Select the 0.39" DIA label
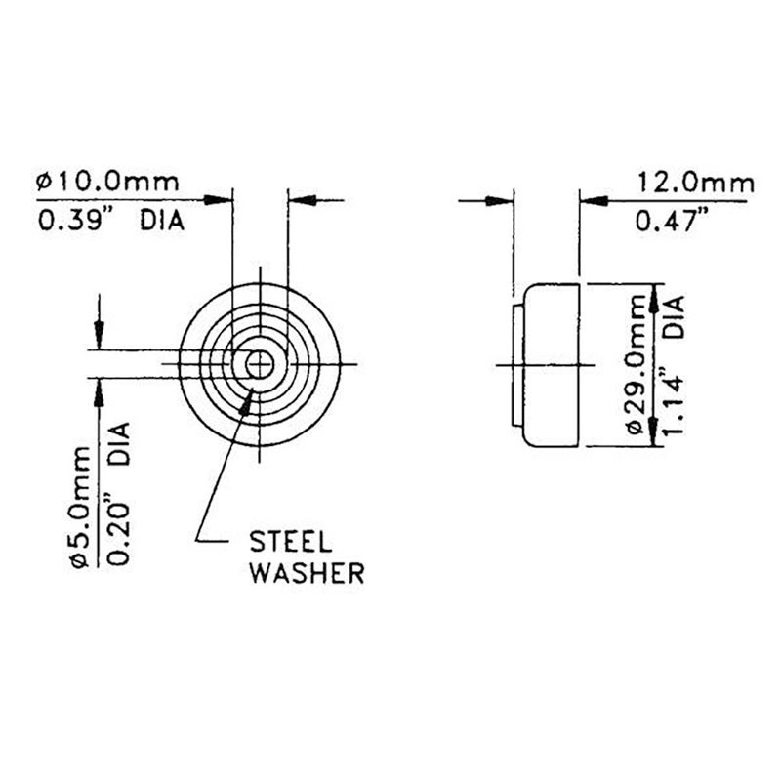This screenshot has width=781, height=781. (x=110, y=221)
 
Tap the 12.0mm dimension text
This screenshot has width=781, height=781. (x=695, y=183)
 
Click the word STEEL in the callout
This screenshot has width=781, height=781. (x=292, y=540)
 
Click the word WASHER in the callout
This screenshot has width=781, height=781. (x=308, y=572)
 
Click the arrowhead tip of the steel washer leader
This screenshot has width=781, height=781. (x=256, y=383)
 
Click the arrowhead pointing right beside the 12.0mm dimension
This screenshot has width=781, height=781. (x=504, y=200)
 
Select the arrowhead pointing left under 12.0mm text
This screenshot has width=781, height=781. (x=593, y=200)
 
